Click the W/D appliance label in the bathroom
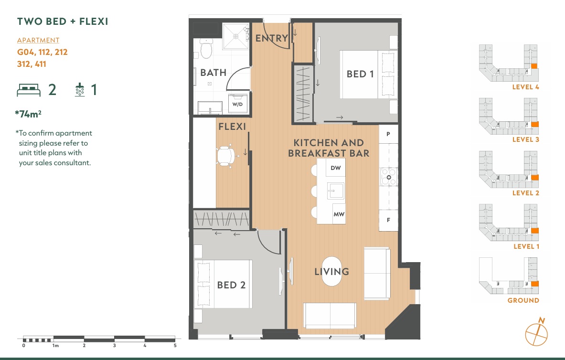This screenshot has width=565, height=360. pyautogui.click(x=237, y=105)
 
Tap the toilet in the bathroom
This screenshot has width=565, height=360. pyautogui.click(x=206, y=48)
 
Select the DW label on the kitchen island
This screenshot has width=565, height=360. pyautogui.click(x=335, y=168)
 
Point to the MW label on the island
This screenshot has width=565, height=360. pyautogui.click(x=339, y=214)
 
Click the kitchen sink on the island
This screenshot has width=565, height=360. pyautogui.click(x=336, y=191)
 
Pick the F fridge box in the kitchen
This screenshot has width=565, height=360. pyautogui.click(x=388, y=220)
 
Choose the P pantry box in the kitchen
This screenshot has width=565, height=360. pyautogui.click(x=388, y=134)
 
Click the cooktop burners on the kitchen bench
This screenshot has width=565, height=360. pyautogui.click(x=389, y=177)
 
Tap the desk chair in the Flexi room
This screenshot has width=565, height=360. pyautogui.click(x=226, y=156)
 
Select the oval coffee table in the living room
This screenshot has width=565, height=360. pyautogui.click(x=331, y=271)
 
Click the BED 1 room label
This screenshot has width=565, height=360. pyautogui.click(x=360, y=74)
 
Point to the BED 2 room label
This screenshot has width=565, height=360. pyautogui.click(x=231, y=285)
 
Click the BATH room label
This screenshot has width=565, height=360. pyautogui.click(x=213, y=73)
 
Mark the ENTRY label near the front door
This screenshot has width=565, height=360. pyautogui.click(x=272, y=38)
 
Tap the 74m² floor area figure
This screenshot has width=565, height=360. pyautogui.click(x=28, y=114)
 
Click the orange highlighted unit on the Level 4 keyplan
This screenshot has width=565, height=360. pyautogui.click(x=534, y=66)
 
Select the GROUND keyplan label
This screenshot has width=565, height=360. pyautogui.click(x=523, y=300)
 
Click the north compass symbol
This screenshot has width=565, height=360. pyautogui.click(x=536, y=333)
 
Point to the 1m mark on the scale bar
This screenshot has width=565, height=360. pyautogui.click(x=55, y=346)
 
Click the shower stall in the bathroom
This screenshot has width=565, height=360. pyautogui.click(x=235, y=36)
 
